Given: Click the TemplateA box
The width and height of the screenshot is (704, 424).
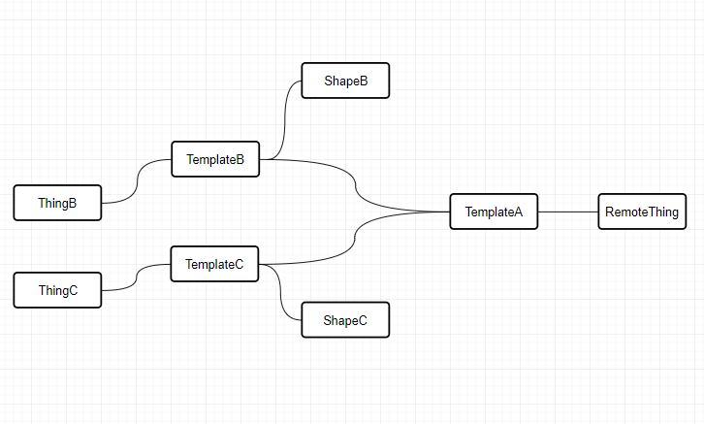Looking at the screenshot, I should pyautogui.click(x=493, y=212).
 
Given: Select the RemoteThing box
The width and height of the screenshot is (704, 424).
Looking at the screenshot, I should pyautogui.click(x=641, y=212).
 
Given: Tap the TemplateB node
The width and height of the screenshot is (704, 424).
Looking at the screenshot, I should pyautogui.click(x=215, y=159).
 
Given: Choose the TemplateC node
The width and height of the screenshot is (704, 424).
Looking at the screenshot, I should pyautogui.click(x=214, y=264).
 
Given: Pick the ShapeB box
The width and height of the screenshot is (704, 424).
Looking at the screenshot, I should pyautogui.click(x=344, y=81).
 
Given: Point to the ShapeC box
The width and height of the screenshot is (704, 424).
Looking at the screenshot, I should pyautogui.click(x=344, y=320).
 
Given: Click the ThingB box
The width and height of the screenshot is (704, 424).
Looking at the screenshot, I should pyautogui.click(x=57, y=203).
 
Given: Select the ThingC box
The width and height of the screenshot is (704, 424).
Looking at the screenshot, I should pyautogui.click(x=57, y=290).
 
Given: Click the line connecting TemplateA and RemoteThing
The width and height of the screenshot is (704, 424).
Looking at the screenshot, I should pyautogui.click(x=567, y=212).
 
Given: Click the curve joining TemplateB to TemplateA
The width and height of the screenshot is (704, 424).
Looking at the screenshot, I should pyautogui.click(x=356, y=184).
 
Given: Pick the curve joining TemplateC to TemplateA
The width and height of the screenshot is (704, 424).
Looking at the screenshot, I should pyautogui.click(x=356, y=237).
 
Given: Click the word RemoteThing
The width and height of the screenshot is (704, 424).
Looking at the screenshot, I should pyautogui.click(x=641, y=212).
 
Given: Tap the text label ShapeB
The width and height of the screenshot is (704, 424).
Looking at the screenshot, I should pyautogui.click(x=345, y=81).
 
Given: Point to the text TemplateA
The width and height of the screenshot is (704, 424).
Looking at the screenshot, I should pyautogui.click(x=494, y=212).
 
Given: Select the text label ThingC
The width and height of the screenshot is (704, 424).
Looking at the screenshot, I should pyautogui.click(x=58, y=290).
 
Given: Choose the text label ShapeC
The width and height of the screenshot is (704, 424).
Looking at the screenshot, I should pyautogui.click(x=345, y=320).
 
